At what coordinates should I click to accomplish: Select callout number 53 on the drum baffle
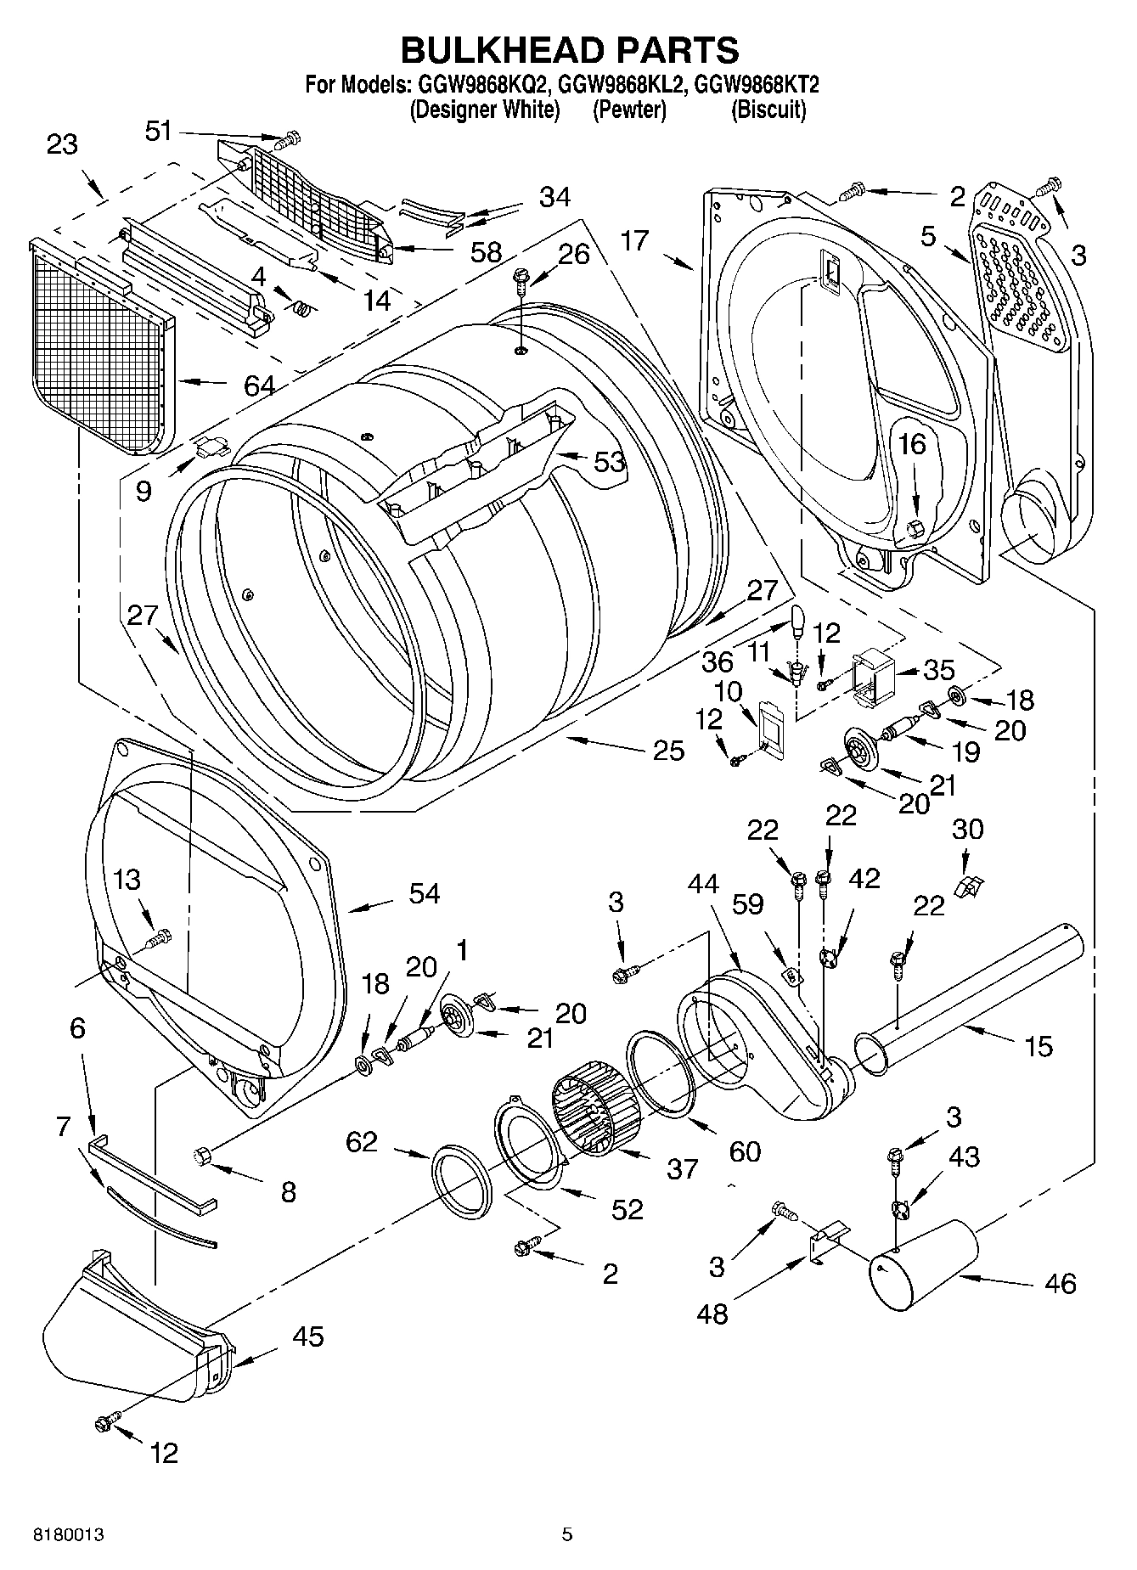[x=609, y=462]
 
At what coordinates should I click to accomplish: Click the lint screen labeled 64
[x=102, y=344]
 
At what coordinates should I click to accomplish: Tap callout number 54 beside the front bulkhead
[x=425, y=893]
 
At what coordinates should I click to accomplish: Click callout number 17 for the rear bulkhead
[x=634, y=241]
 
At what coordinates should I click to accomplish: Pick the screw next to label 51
[x=292, y=137]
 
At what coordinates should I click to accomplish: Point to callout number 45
[x=307, y=1336]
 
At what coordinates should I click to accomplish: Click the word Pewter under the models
[x=629, y=110]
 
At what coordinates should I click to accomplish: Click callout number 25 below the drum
[x=668, y=749]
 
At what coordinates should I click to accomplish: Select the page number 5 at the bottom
[x=567, y=1534]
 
